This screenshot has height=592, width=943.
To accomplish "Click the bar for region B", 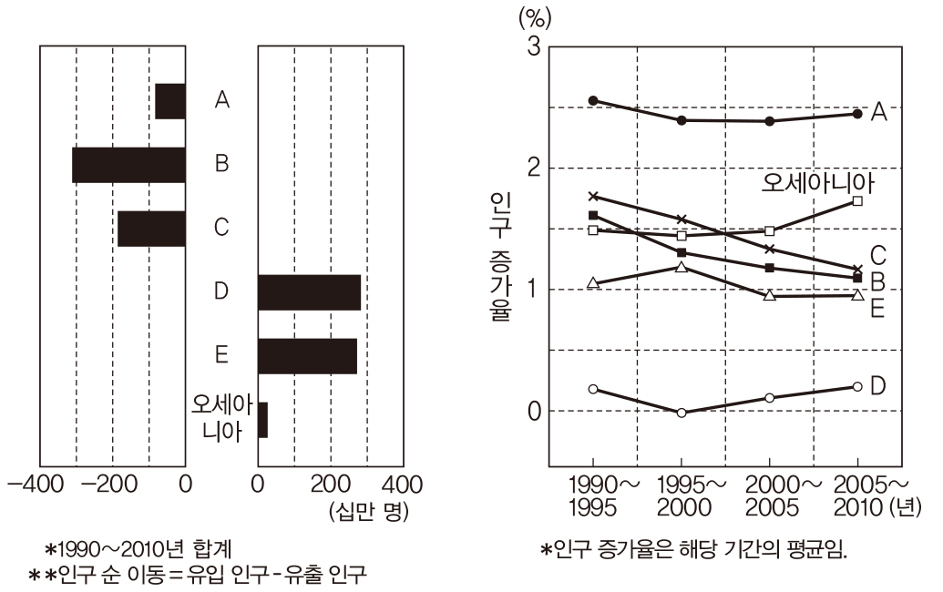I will [128, 164].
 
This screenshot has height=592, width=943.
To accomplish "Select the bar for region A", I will [170, 100].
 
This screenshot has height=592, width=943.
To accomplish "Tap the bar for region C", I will [151, 228].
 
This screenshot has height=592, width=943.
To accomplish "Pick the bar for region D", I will [309, 291].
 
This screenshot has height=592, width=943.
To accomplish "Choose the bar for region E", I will [307, 355].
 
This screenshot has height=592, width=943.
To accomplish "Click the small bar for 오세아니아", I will [262, 419].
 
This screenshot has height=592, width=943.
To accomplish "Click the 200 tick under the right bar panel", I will [331, 483].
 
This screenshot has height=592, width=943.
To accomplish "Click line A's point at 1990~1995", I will [593, 100].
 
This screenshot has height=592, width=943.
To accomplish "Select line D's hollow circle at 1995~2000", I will [682, 413].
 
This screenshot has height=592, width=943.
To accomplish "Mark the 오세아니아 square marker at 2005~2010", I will [857, 200].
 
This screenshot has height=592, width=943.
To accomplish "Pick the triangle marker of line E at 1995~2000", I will [682, 267].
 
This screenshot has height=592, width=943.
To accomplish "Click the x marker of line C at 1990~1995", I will [593, 196].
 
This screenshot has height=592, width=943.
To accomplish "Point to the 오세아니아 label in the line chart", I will [817, 183].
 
